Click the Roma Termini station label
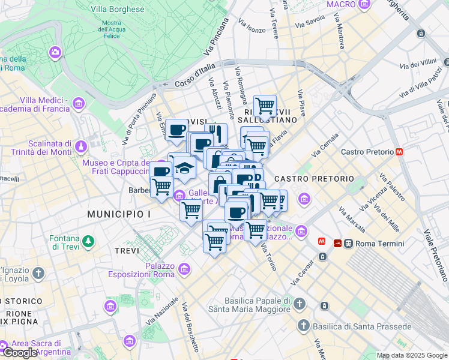coord(379,244)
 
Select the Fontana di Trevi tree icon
coord(89,241)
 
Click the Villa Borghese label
coord(118,10)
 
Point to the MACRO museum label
coord(341,5)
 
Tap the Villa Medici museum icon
coord(78,105)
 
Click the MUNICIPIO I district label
coord(119,214)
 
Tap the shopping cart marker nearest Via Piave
coord(265,106)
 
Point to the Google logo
coord(20,353)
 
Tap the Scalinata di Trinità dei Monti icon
coord(80,146)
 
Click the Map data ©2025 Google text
coord(412,355)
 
